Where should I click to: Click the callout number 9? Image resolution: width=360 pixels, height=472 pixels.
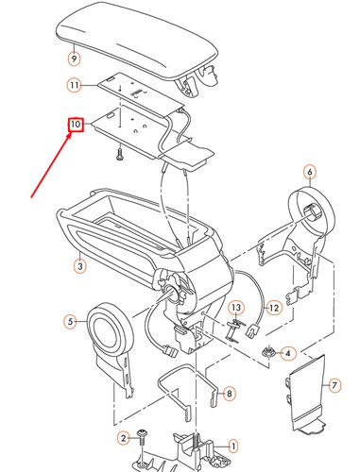(x=74, y=58)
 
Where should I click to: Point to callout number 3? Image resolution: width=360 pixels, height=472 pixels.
(x=81, y=267)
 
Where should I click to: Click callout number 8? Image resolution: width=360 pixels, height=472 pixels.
(x=228, y=392)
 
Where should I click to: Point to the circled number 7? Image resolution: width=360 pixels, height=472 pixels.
(x=332, y=386)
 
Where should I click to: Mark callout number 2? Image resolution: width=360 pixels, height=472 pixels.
(x=123, y=439)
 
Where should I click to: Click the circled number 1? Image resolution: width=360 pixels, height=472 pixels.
(x=234, y=444)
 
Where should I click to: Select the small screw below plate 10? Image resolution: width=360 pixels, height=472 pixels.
(x=121, y=150)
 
